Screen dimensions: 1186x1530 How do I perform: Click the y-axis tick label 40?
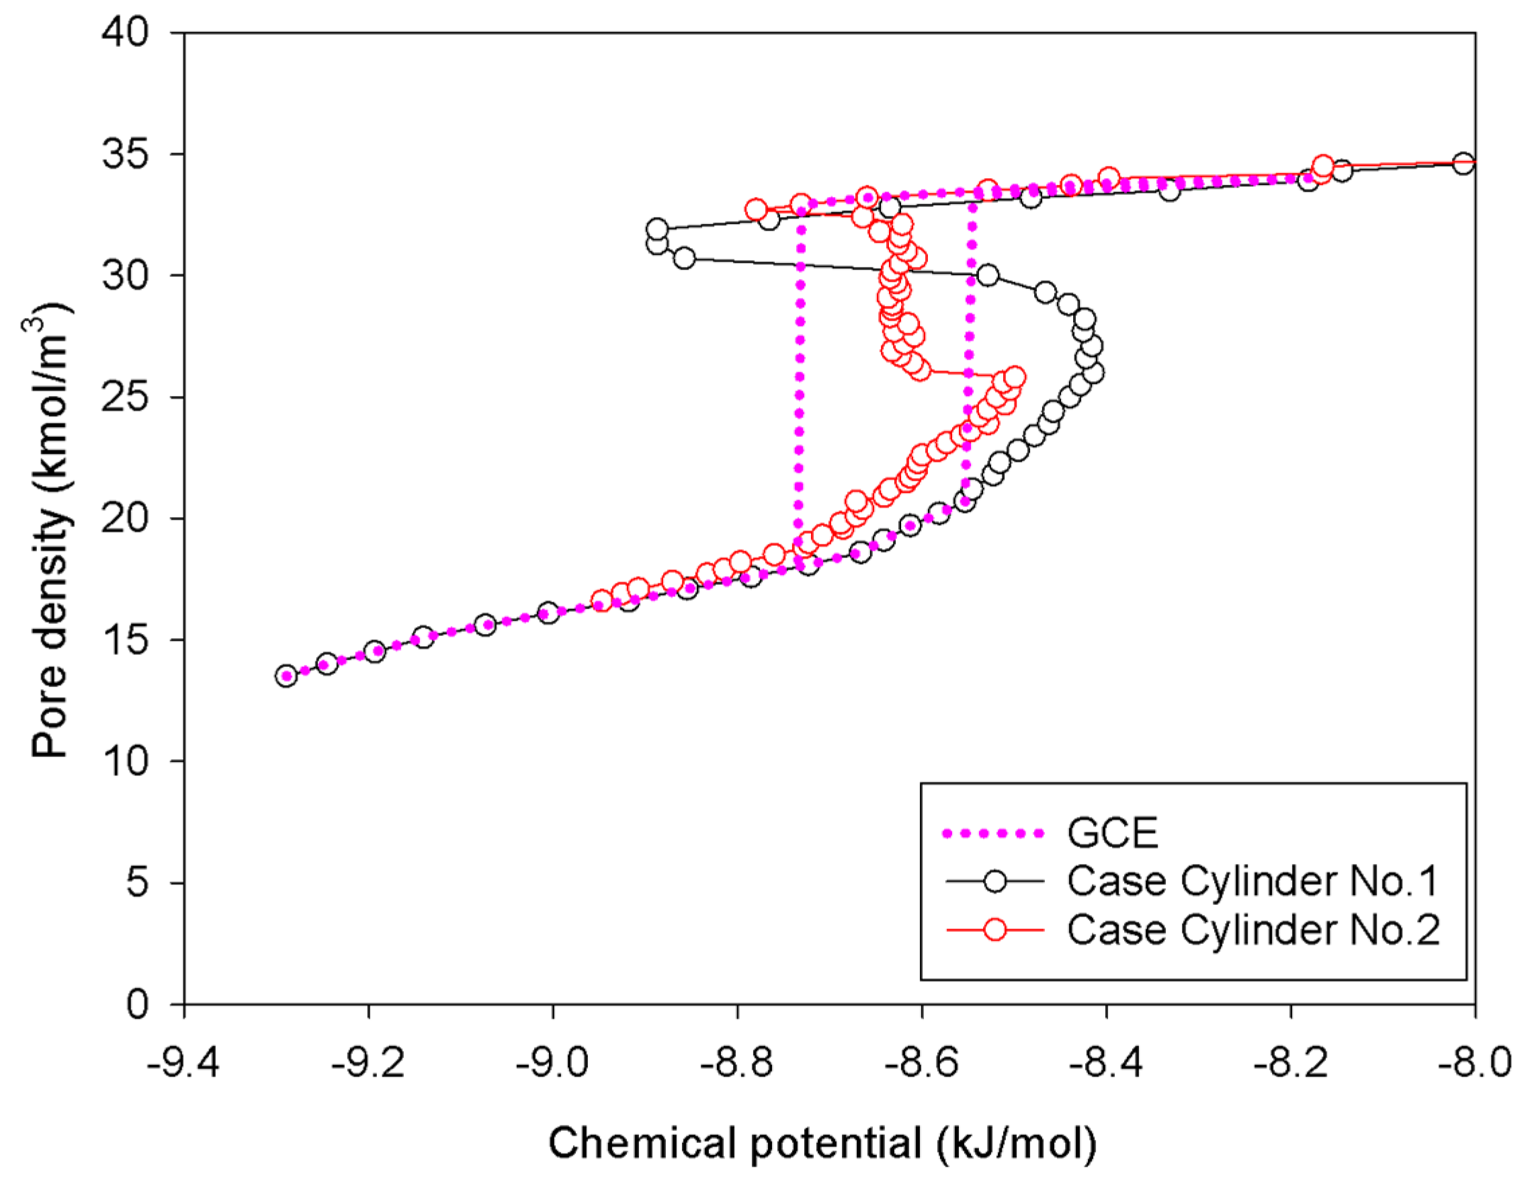click(x=126, y=33)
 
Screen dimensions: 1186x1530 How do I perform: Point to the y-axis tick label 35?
click(x=126, y=154)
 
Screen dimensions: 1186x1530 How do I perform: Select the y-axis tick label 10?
click(x=126, y=761)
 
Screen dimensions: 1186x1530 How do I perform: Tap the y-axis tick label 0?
click(x=137, y=1004)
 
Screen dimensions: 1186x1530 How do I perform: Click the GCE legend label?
click(x=1113, y=833)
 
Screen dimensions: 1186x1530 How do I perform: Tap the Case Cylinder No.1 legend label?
click(x=1252, y=881)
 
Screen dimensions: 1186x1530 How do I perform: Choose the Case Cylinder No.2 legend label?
click(x=1252, y=930)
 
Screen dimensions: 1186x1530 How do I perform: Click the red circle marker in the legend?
click(x=994, y=930)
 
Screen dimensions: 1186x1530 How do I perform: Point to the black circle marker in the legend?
click(x=994, y=881)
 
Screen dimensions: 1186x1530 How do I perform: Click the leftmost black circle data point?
click(x=286, y=676)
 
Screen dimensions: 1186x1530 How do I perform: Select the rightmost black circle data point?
click(x=1463, y=163)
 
